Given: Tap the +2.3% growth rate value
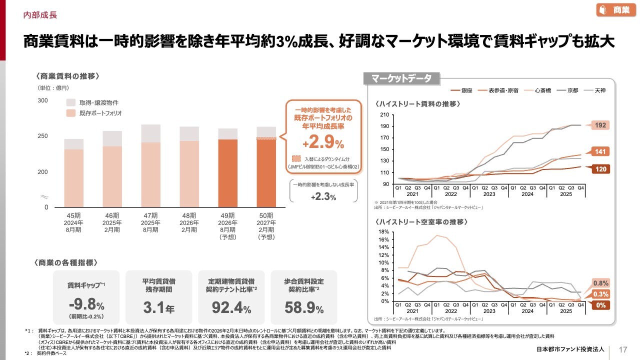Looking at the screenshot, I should (x=323, y=197).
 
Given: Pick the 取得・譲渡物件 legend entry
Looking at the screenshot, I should (x=92, y=102).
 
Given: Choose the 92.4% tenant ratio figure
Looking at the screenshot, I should (x=231, y=307).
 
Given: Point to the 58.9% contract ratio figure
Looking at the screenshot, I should (x=303, y=307).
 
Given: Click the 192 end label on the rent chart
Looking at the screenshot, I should (x=600, y=125).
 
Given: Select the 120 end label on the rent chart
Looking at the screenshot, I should (x=600, y=169).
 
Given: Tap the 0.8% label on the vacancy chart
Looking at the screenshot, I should (x=600, y=283).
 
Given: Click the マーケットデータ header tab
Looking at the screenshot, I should (x=402, y=78).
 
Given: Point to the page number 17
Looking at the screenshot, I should (x=623, y=349).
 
